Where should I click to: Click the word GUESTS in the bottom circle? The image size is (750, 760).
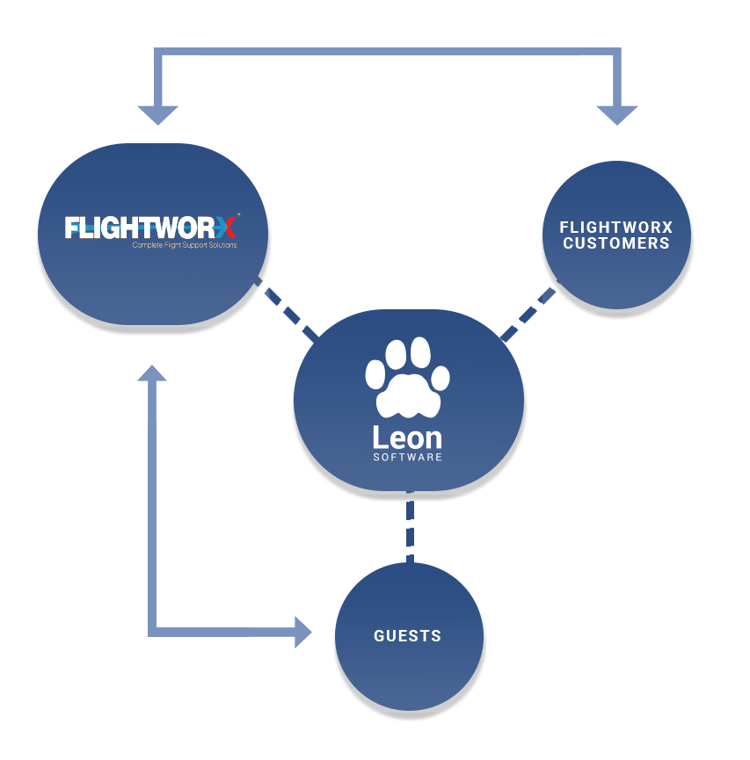point(407,636)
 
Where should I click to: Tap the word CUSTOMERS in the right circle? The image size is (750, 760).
point(615,243)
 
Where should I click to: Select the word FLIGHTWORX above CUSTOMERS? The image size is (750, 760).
point(615,228)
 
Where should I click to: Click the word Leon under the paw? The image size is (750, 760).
point(407,437)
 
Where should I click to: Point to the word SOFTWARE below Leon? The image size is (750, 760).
point(407,458)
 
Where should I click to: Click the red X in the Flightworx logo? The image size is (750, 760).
point(227,228)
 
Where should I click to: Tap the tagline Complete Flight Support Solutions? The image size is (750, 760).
point(184,245)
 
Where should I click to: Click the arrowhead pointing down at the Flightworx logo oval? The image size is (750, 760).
point(158,115)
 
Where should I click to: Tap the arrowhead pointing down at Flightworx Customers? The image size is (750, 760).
point(617,115)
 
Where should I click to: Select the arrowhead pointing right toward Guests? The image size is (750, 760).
point(302,631)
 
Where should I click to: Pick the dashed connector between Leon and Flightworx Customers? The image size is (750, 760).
point(528,313)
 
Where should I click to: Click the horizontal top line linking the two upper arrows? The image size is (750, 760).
point(387,54)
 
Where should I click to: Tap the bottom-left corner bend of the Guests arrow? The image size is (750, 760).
point(154,630)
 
